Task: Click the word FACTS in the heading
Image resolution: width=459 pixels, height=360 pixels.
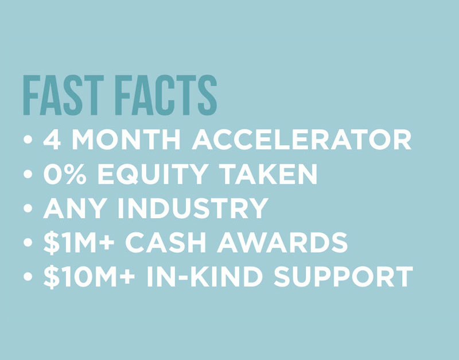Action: click(166, 95)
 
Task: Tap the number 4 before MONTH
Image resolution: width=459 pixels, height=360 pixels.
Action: click(52, 140)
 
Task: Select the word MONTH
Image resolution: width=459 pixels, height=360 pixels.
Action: click(126, 140)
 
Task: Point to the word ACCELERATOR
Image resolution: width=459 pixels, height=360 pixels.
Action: click(302, 140)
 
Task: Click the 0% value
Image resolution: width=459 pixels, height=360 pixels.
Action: click(65, 174)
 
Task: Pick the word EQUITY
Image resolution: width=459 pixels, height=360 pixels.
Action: click(153, 174)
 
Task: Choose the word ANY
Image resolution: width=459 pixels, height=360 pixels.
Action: click(75, 208)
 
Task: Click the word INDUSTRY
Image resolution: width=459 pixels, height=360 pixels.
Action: click(193, 208)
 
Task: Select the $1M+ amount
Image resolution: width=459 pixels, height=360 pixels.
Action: click(79, 242)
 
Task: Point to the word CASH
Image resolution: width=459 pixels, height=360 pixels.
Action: click(165, 242)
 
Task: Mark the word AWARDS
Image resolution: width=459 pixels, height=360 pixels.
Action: click(282, 242)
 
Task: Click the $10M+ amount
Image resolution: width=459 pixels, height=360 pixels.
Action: click(89, 277)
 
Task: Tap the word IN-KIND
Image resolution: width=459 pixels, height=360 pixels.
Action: click(204, 277)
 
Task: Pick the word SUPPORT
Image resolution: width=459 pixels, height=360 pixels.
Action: click(343, 277)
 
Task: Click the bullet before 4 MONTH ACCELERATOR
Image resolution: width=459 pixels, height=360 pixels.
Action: click(28, 140)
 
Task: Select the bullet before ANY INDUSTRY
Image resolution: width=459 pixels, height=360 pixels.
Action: click(28, 208)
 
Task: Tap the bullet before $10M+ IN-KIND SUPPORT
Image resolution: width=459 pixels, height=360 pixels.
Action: click(28, 277)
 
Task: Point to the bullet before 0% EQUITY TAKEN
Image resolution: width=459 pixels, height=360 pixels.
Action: click(28, 174)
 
